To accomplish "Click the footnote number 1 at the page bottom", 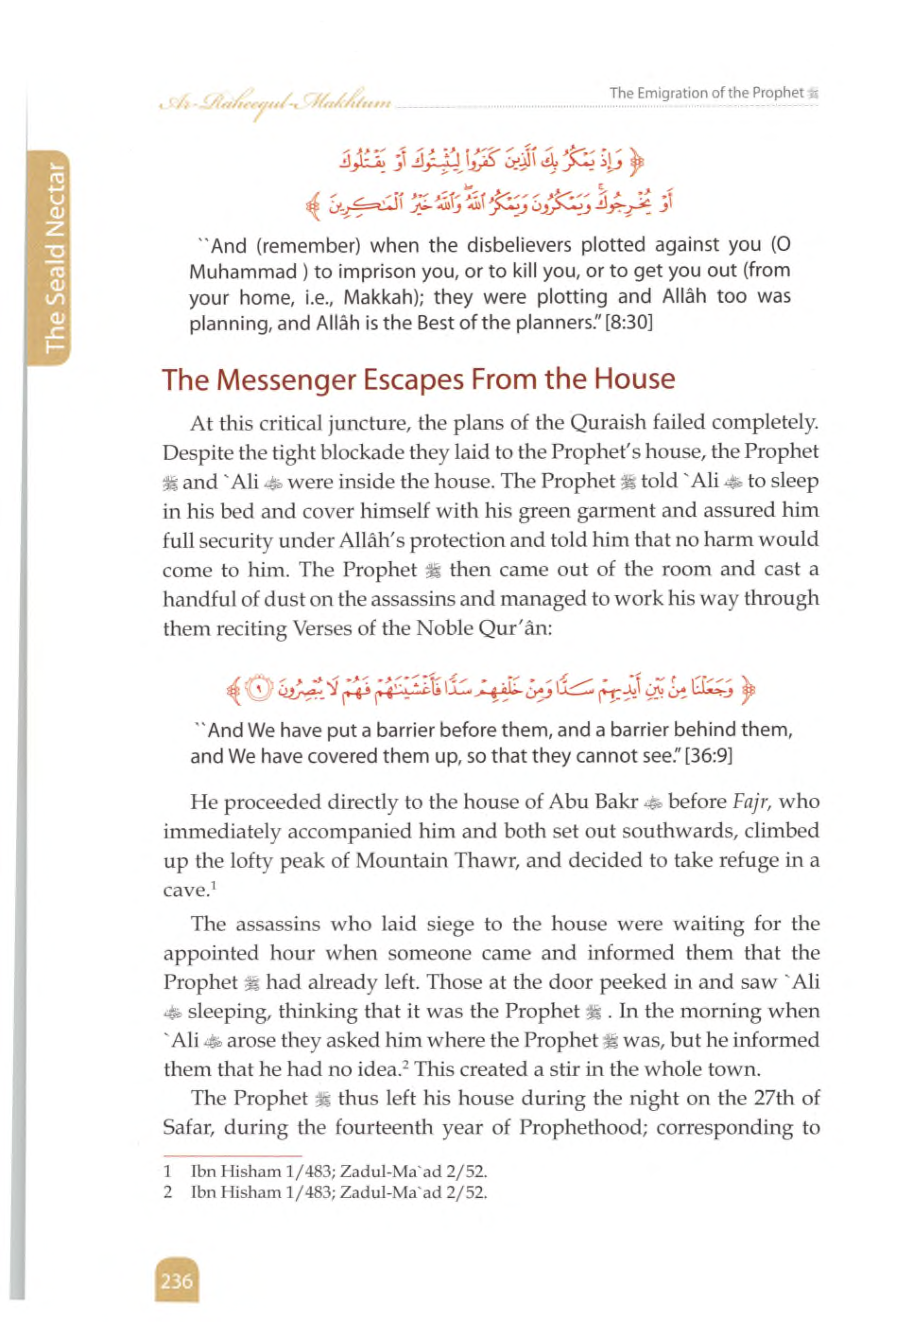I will pos(168,1171).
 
